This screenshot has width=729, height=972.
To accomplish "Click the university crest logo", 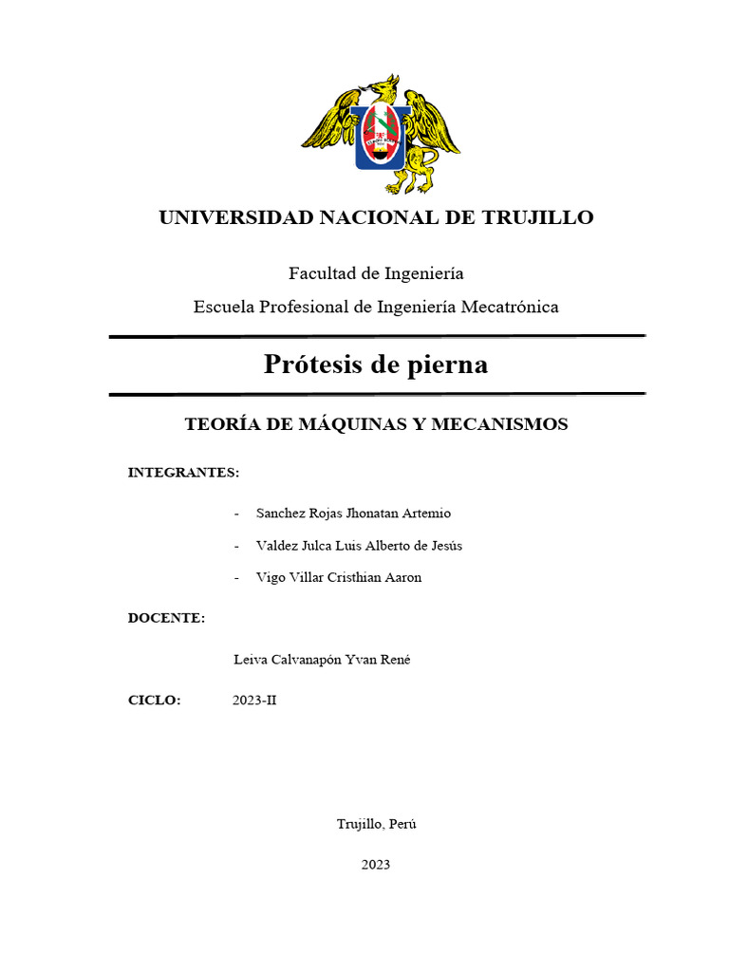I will click(x=381, y=135).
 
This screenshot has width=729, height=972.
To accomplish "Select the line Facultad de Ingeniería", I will click(x=376, y=273).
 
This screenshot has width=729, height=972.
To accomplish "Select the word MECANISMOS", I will click(x=499, y=424).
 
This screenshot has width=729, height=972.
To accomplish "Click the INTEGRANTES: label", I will click(x=183, y=472).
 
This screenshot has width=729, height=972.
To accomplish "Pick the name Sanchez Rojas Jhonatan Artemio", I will click(x=353, y=514).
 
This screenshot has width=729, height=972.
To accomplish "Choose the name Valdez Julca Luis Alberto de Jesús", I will click(x=359, y=546).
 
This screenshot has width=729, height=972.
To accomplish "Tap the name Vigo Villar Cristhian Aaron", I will click(x=338, y=577).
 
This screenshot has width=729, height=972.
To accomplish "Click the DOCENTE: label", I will click(x=167, y=618).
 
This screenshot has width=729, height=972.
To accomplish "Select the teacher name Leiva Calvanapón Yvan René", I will click(x=321, y=660).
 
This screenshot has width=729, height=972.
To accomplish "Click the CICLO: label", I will click(x=155, y=701).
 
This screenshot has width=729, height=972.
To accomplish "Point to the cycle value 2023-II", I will click(x=254, y=701).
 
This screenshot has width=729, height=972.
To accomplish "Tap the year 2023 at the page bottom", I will click(x=375, y=865).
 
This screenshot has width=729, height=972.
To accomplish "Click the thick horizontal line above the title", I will click(x=377, y=336).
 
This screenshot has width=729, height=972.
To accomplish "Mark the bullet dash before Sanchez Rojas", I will click(x=236, y=514).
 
